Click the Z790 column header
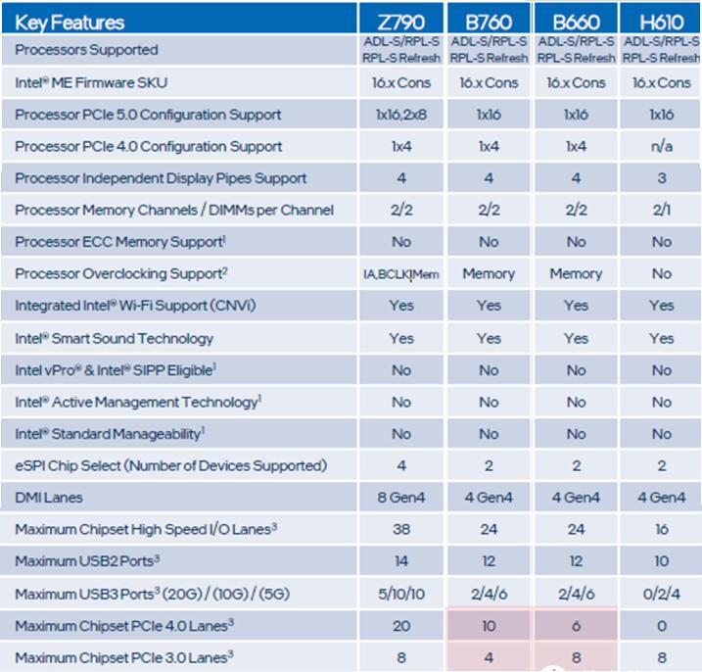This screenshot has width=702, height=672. [x=401, y=22]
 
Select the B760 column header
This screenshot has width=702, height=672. [x=489, y=22]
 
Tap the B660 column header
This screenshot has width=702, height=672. [x=576, y=22]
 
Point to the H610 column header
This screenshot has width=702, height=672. [x=661, y=22]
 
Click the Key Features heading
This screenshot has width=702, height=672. [x=69, y=20]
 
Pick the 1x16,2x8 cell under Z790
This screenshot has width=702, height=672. [x=401, y=115]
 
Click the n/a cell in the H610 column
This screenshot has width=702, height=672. [x=661, y=146]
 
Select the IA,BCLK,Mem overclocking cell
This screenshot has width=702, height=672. [x=401, y=274]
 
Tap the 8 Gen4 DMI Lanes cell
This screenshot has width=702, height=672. [x=401, y=498]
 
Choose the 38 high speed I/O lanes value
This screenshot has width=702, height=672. [x=401, y=530]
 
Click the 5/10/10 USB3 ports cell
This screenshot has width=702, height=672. [x=401, y=594]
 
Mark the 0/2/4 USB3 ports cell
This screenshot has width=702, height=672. [x=661, y=594]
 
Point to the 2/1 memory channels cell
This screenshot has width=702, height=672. [x=661, y=210]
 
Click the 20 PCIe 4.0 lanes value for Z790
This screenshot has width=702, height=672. [x=401, y=626]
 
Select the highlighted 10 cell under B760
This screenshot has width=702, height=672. [x=489, y=626]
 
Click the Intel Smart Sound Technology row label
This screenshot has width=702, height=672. [x=114, y=338]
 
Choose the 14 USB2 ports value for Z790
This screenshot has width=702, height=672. [x=401, y=561]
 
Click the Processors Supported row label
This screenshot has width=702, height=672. [x=86, y=50]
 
